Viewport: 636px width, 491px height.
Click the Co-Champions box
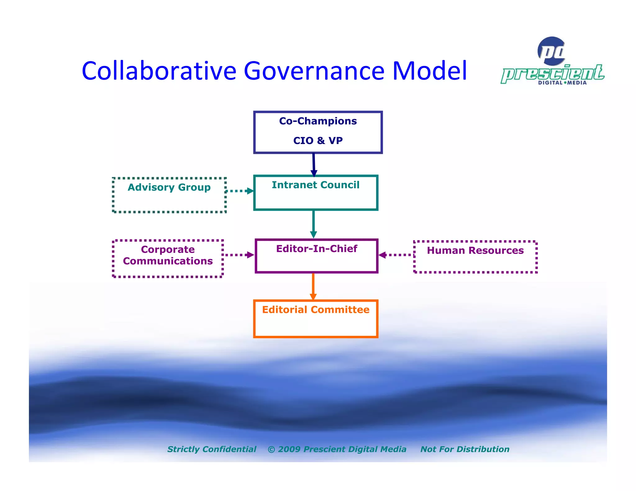(x=318, y=132)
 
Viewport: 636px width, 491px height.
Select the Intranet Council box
(x=316, y=193)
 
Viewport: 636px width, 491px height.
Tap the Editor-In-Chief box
(x=316, y=256)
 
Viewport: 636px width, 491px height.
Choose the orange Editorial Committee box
(x=316, y=318)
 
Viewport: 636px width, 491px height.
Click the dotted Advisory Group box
(x=169, y=195)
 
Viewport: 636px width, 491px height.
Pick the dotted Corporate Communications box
(x=168, y=258)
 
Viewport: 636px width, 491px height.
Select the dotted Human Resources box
(x=475, y=257)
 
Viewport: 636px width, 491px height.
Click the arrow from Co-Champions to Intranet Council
(x=314, y=164)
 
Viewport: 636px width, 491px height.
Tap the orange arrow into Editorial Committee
(x=313, y=286)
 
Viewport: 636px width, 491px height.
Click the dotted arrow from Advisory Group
(x=239, y=191)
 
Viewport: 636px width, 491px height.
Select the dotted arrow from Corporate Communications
(x=238, y=255)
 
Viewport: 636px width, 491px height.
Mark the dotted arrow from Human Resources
(x=396, y=255)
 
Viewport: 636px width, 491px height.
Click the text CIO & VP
(x=318, y=141)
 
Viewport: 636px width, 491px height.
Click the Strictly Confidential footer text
(x=212, y=449)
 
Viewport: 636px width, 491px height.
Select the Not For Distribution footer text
(x=465, y=449)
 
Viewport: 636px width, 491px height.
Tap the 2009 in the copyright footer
(x=289, y=449)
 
